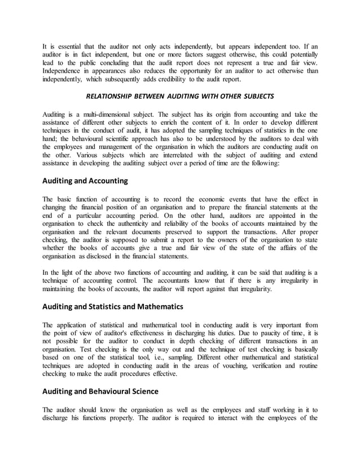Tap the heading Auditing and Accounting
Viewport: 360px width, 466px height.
[x=85, y=181]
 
